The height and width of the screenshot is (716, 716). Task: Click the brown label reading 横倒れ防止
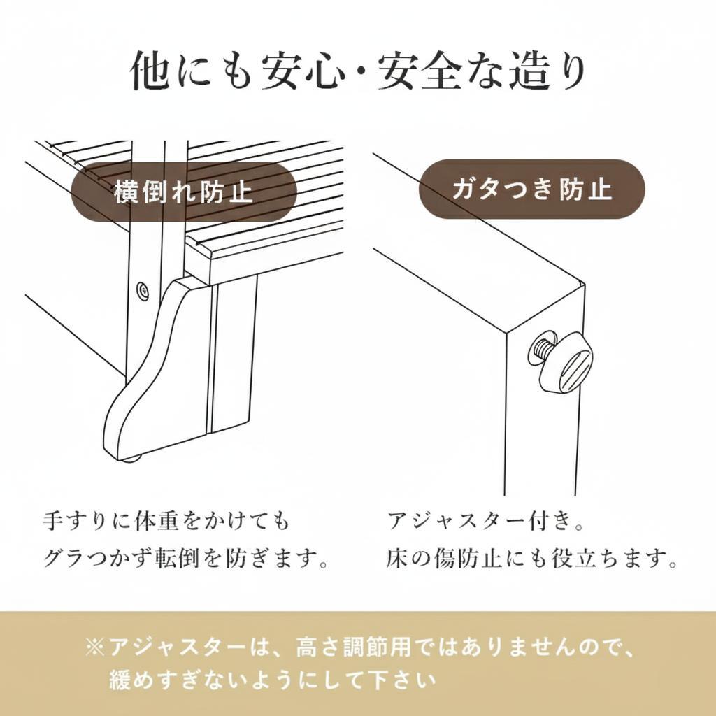tap(184, 192)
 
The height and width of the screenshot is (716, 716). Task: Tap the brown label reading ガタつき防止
tap(532, 189)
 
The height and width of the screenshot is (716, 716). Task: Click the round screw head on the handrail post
tap(143, 290)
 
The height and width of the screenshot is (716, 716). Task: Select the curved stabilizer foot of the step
tap(157, 371)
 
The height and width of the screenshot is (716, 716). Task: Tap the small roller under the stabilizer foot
tap(131, 459)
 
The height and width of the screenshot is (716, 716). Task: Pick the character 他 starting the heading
tap(151, 72)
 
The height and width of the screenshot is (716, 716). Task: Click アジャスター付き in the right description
tap(480, 521)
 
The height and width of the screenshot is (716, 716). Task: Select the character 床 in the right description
tap(396, 558)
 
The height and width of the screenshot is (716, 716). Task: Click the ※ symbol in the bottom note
tap(95, 647)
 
